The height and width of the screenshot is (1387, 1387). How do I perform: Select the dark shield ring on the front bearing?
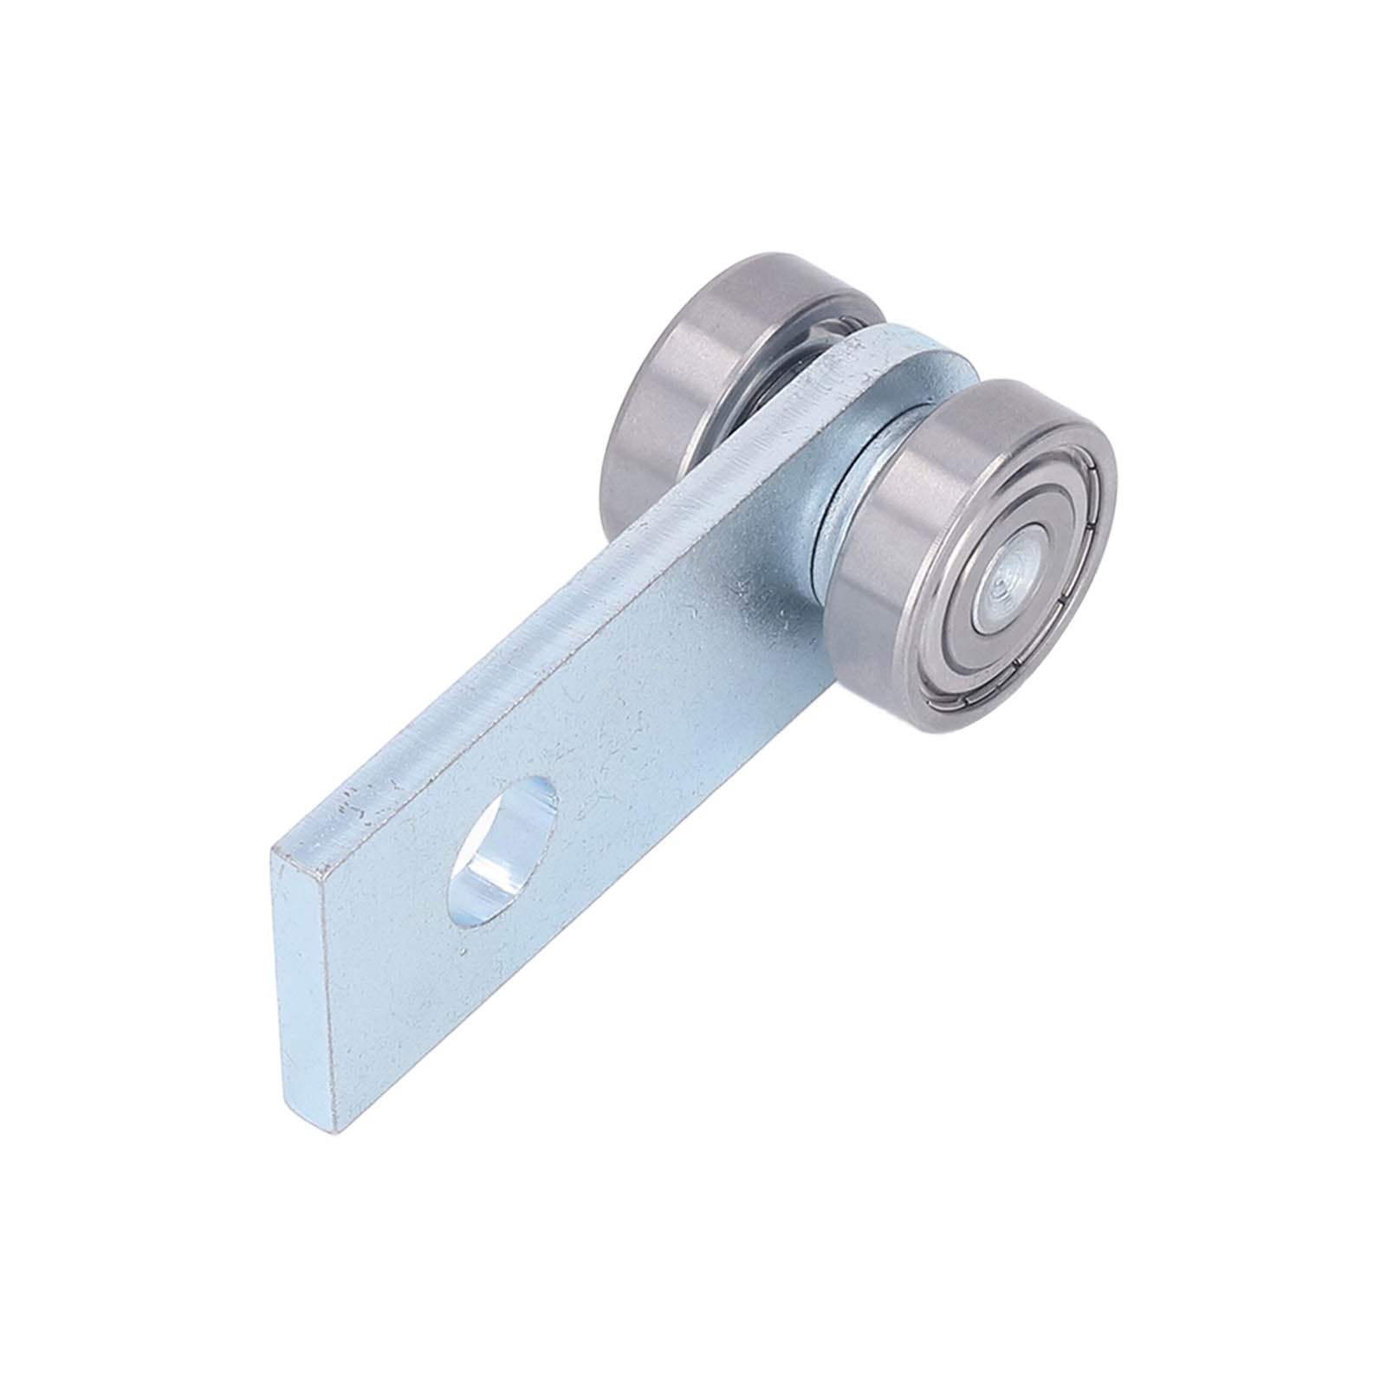pyautogui.click(x=1040, y=606)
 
